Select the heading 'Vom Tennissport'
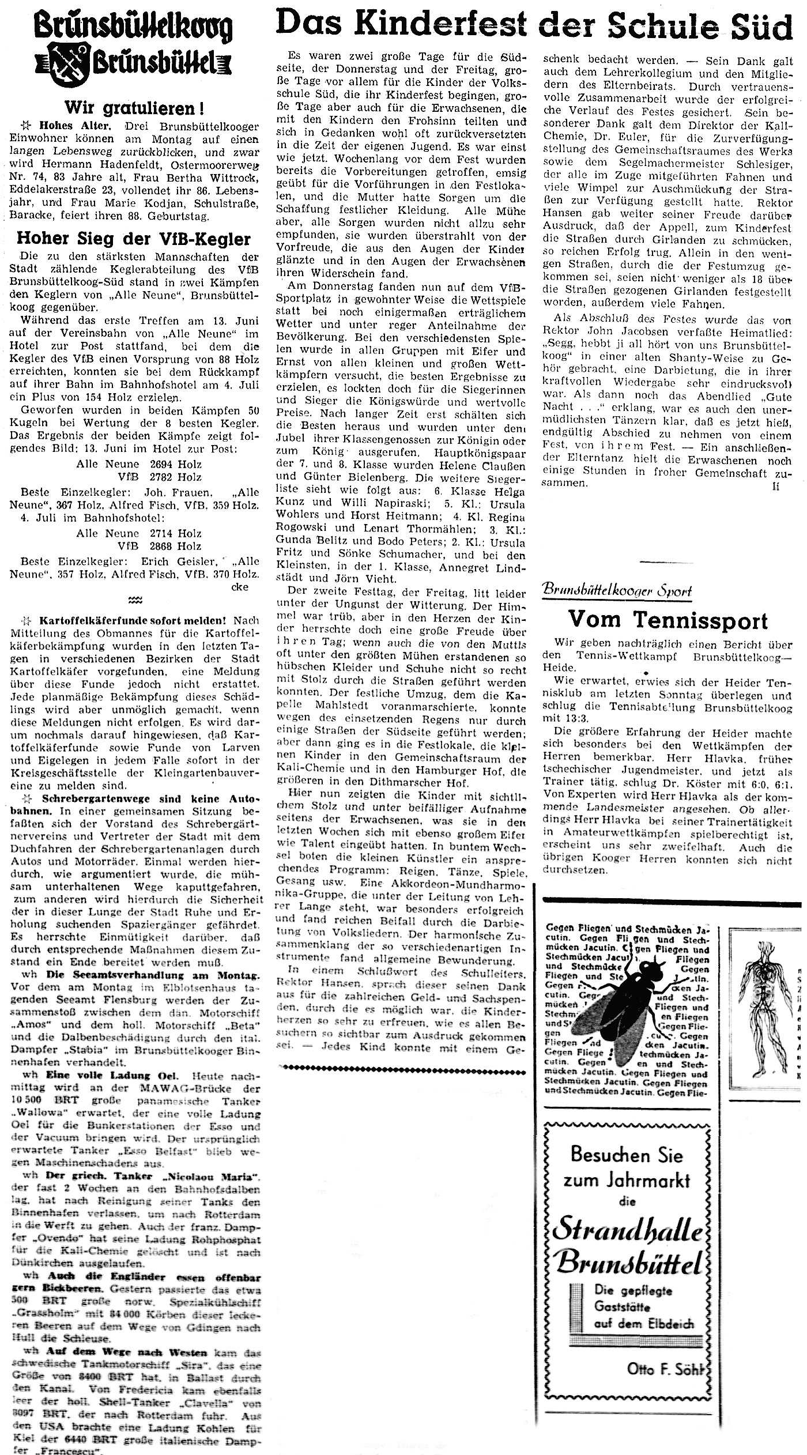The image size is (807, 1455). pyautogui.click(x=668, y=620)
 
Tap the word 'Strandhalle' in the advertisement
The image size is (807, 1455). pyautogui.click(x=628, y=1212)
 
